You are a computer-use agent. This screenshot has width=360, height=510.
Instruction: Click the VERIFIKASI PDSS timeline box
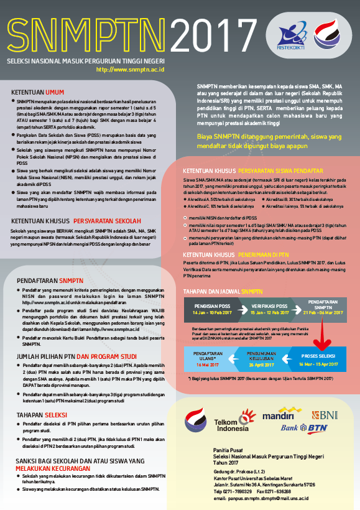269,309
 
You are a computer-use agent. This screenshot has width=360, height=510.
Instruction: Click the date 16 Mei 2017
209,364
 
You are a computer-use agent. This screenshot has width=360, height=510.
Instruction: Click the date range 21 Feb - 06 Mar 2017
323,312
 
